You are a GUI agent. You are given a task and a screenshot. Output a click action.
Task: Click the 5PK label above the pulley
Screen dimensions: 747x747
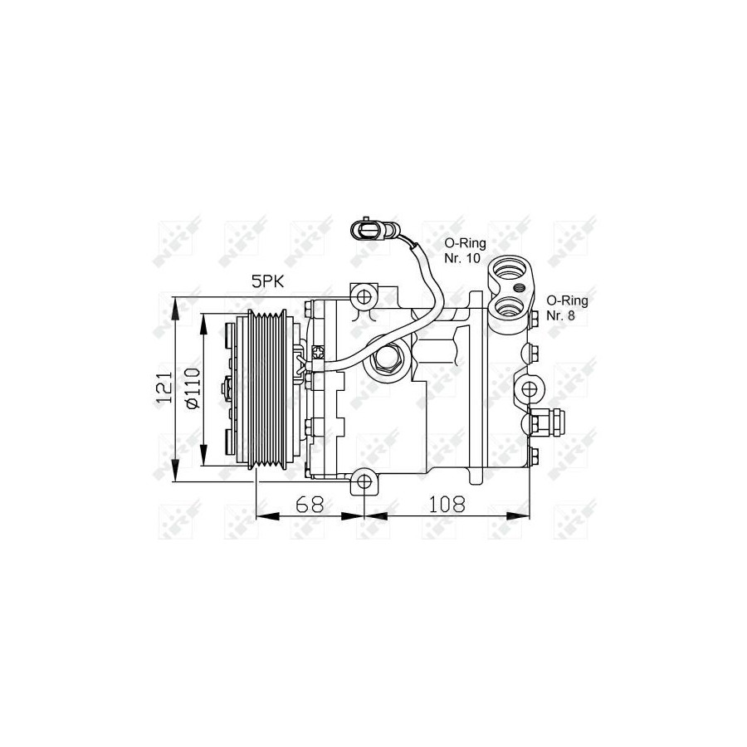tap(267, 281)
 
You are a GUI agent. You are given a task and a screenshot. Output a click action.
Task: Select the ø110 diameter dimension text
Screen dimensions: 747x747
tap(193, 388)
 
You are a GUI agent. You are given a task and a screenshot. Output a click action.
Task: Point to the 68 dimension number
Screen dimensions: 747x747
tap(310, 504)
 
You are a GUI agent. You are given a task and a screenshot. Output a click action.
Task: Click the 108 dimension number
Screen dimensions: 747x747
tap(447, 504)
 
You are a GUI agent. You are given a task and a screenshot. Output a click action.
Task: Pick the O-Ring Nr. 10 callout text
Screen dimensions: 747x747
tap(465, 251)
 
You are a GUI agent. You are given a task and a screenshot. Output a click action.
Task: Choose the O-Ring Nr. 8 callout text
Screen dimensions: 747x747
tap(567, 308)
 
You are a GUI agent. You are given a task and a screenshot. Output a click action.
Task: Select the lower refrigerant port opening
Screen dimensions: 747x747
tap(510, 309)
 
